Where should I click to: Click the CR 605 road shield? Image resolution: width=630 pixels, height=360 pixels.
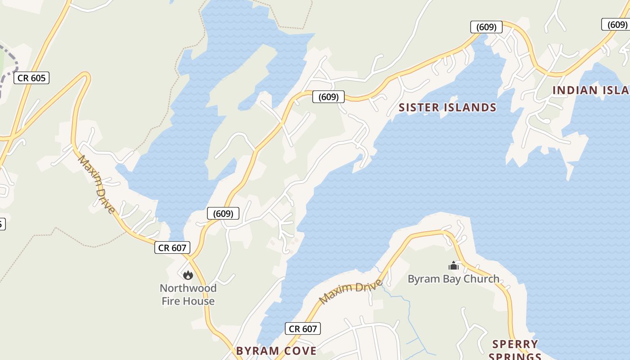pyautogui.click(x=31, y=78)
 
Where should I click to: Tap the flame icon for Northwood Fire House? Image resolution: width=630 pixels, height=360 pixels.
pyautogui.click(x=188, y=274)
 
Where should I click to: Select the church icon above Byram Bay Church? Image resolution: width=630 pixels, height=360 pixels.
pyautogui.click(x=454, y=265)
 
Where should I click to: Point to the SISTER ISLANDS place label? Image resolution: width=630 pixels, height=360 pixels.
pyautogui.click(x=447, y=108)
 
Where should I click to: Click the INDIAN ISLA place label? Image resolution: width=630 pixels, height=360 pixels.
pyautogui.click(x=590, y=90)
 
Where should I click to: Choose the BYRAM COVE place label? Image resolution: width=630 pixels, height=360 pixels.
pyautogui.click(x=276, y=351)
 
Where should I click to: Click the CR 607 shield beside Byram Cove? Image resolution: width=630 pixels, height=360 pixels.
pyautogui.click(x=303, y=329)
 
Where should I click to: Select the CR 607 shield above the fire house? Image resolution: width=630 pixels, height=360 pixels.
pyautogui.click(x=172, y=247)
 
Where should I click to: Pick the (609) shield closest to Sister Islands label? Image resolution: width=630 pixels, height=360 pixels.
pyautogui.click(x=328, y=97)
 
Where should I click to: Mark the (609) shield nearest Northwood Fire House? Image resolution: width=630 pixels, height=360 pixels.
pyautogui.click(x=223, y=213)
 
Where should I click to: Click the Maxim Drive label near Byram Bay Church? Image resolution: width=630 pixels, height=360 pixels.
pyautogui.click(x=351, y=291)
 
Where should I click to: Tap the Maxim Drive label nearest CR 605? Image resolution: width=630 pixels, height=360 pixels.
pyautogui.click(x=96, y=184)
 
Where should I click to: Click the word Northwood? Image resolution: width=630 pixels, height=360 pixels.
pyautogui.click(x=188, y=288)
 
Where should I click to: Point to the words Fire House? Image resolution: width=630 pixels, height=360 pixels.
pyautogui.click(x=188, y=301)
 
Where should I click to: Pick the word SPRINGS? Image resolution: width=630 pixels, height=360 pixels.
pyautogui.click(x=515, y=356)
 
